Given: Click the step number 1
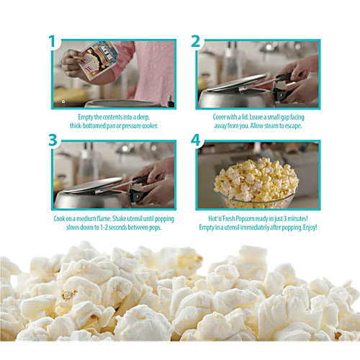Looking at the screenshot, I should point(52,42).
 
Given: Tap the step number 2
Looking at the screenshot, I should point(195,42).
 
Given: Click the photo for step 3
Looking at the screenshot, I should point(113,173).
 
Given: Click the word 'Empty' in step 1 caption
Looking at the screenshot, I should point(88,116).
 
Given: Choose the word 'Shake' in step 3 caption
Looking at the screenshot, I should point(126,218).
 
